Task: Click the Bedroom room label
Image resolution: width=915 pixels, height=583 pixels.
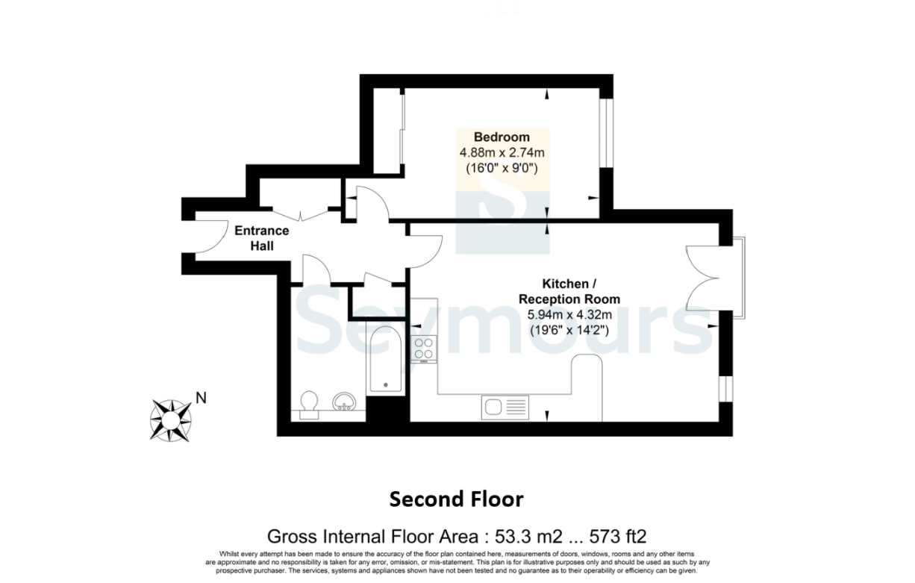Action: tap(502, 137)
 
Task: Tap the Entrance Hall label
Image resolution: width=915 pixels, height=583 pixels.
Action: tap(262, 238)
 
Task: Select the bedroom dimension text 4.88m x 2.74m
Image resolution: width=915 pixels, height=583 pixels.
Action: tap(502, 153)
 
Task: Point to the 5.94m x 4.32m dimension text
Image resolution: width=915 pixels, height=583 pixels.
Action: tap(569, 314)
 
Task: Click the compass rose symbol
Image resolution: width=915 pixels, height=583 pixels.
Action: tap(171, 420)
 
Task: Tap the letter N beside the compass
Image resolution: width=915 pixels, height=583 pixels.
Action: tap(201, 398)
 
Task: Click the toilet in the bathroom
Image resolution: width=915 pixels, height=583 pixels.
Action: tap(309, 405)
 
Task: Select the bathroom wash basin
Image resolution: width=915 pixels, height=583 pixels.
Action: tap(344, 402)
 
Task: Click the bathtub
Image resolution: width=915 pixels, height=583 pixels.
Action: tap(386, 359)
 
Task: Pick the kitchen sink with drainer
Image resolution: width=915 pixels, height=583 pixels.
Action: tap(505, 408)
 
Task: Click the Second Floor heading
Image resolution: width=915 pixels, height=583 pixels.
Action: tap(456, 499)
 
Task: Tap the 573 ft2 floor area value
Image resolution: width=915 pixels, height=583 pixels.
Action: tap(618, 537)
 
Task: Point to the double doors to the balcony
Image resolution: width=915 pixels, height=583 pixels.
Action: tap(702, 278)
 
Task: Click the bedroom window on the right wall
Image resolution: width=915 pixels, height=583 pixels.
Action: tap(607, 133)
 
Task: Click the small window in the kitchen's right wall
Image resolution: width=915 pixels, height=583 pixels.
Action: tap(726, 389)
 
